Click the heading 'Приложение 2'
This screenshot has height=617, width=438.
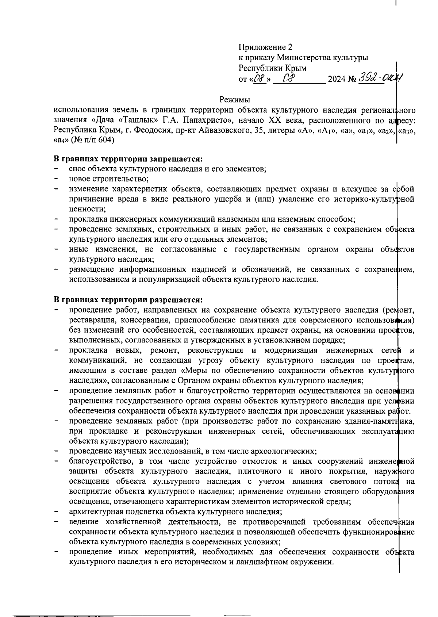(265, 47)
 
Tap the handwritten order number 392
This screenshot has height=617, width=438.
(369, 77)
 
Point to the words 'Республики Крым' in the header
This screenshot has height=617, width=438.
(272, 68)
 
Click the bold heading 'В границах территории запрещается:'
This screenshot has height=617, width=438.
(128, 159)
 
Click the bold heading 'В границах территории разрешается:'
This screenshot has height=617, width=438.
(128, 300)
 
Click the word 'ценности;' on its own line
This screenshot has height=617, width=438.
(88, 209)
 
